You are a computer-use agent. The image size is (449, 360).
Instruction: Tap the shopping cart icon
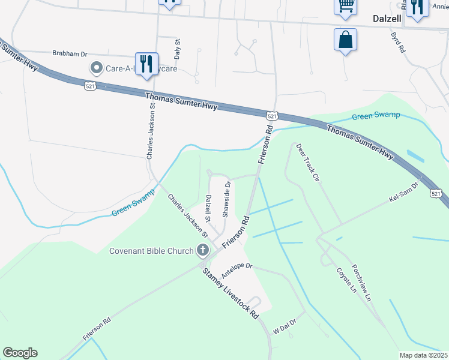coord(345,5)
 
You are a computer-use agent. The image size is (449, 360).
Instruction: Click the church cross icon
coord(203,250)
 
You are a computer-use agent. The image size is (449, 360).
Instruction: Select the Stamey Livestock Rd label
coord(231,292)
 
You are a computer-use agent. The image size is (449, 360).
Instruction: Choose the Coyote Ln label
coord(346,280)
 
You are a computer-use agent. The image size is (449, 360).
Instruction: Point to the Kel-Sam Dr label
coord(403,193)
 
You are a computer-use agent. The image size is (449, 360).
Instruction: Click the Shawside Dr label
coord(227,199)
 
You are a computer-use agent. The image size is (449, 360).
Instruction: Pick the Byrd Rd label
coord(398,43)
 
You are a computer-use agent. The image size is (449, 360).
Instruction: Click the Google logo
coord(20,353)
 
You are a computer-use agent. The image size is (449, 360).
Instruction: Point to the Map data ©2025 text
coord(423,355)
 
